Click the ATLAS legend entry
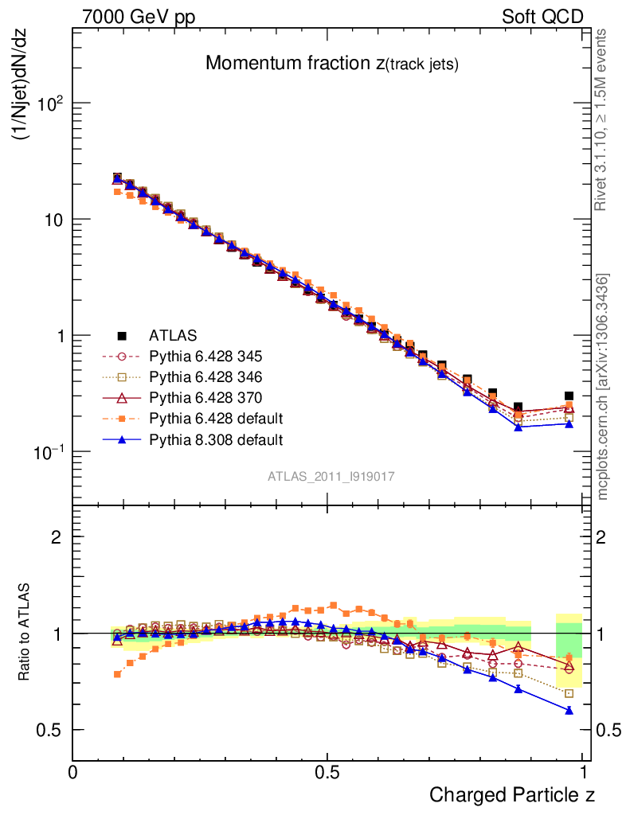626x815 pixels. point(173,335)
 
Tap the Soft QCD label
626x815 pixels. point(542,17)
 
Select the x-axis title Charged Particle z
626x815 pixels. point(512,794)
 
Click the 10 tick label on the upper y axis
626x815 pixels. point(52,220)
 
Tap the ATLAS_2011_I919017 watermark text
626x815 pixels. point(331,476)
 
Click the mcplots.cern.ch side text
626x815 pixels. point(604,387)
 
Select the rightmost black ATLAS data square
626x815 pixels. point(569,396)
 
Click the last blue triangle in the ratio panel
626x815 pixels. point(569,710)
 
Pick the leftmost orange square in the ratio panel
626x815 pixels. point(118,674)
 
